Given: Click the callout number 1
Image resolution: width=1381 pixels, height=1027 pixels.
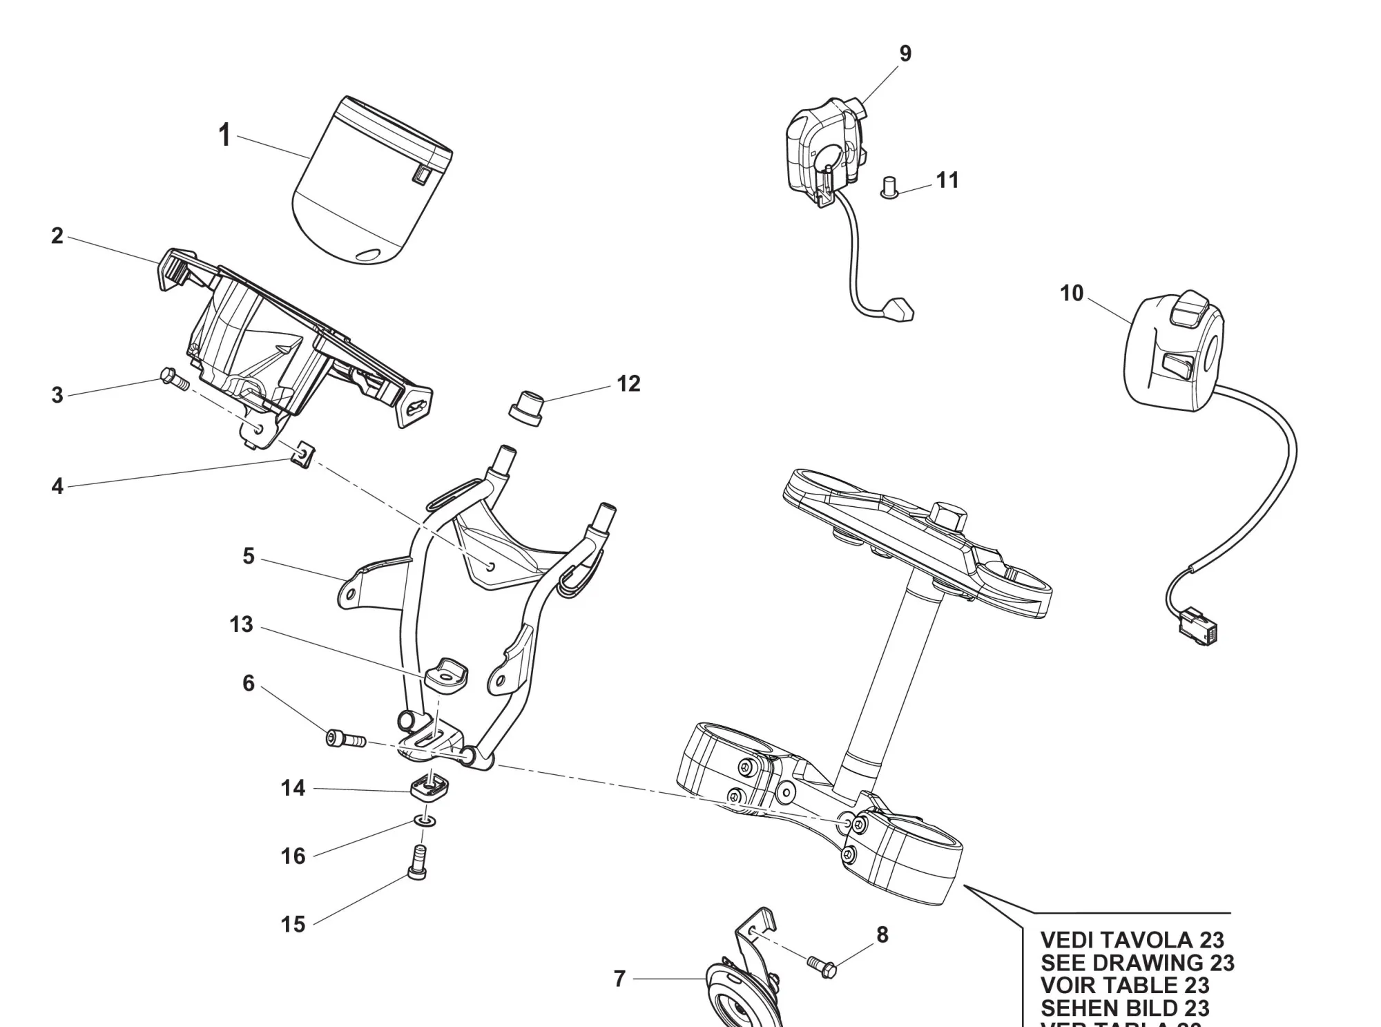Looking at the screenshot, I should pos(224,135).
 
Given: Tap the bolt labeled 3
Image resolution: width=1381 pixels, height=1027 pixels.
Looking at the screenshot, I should pos(173,379).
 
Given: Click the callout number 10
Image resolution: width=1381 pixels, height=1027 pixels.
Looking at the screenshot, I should pos(1072,294).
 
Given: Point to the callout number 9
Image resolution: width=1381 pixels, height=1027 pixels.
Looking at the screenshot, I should pos(905,54).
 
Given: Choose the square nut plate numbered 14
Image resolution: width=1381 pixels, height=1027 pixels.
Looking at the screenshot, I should pos(430,787).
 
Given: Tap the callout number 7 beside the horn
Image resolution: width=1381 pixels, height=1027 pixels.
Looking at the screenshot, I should pos(619,979).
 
